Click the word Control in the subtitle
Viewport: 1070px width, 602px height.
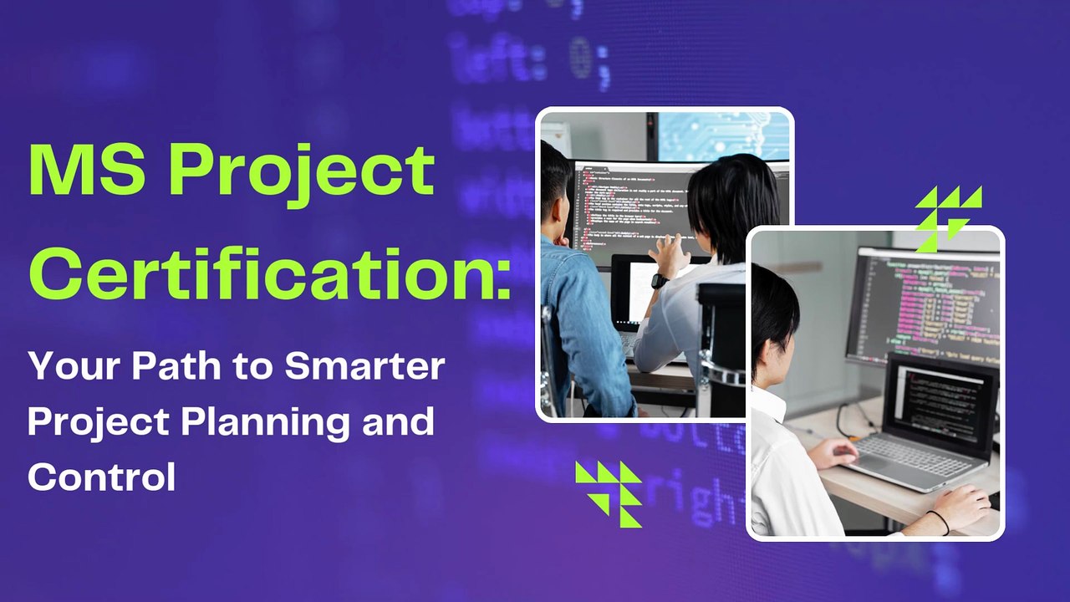101,477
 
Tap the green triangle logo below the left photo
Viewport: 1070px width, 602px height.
609,492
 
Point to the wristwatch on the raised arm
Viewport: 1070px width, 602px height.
660,281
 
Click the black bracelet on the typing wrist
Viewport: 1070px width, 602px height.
941,523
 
